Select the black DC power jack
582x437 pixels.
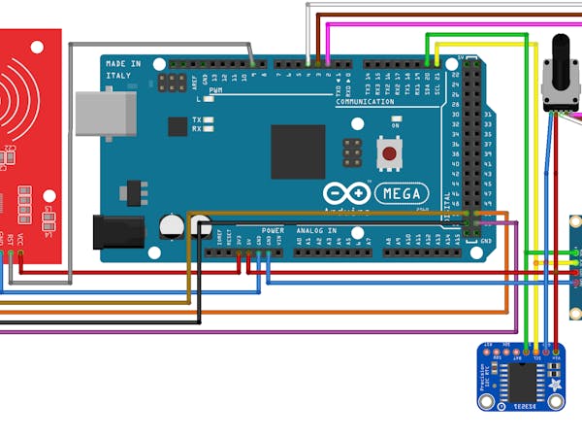(117, 231)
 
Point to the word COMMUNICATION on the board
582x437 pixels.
(365, 101)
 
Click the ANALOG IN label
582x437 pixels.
(316, 231)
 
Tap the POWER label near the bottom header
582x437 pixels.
(273, 231)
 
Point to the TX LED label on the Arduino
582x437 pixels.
(197, 118)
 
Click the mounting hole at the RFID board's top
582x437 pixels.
(37, 46)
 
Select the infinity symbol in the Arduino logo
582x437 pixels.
(356, 191)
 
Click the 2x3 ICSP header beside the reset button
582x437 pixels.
(350, 152)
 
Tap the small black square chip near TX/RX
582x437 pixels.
(178, 125)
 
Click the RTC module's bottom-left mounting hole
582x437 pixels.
(487, 399)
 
